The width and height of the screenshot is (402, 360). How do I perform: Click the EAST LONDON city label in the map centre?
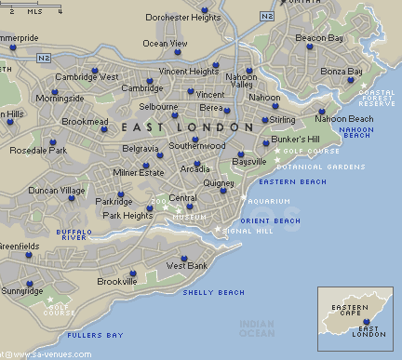click(186, 127)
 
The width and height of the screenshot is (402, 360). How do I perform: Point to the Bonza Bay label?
click(340, 72)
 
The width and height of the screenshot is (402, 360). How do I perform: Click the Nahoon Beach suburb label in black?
click(343, 119)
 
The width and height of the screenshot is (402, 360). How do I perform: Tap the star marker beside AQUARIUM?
click(244, 199)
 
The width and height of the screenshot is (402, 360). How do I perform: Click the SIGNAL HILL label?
click(246, 230)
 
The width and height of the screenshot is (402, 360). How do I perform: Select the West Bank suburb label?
click(186, 266)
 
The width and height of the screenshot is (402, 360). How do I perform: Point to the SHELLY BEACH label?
click(213, 292)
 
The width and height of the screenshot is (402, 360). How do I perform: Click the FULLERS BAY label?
click(94, 335)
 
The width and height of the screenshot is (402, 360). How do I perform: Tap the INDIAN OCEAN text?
click(257, 327)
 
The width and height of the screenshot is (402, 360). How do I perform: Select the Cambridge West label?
click(87, 77)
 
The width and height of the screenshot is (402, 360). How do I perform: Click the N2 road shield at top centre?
click(267, 16)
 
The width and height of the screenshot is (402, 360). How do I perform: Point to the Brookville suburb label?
click(116, 281)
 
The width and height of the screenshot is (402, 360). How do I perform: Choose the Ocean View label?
click(166, 43)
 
